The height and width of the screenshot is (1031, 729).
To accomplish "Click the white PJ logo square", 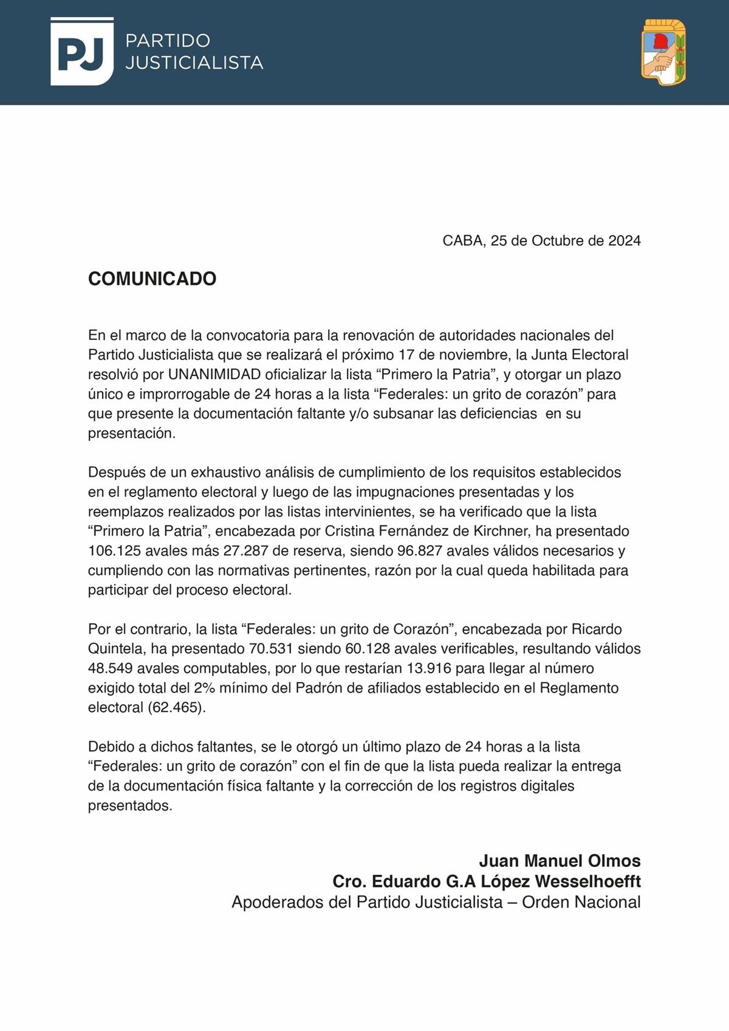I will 82,52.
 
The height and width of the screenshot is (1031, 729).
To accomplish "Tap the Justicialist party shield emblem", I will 663,52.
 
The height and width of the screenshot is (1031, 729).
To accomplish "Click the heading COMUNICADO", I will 152,279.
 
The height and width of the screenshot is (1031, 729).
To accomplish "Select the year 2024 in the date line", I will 625,241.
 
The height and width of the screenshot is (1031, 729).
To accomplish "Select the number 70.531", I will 272,649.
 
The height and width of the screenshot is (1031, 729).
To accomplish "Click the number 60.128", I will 368,649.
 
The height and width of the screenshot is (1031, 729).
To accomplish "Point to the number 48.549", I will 111,668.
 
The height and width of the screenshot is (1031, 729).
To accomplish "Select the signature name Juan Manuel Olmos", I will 560,861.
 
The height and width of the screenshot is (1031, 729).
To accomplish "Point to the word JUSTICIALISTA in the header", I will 194,63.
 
